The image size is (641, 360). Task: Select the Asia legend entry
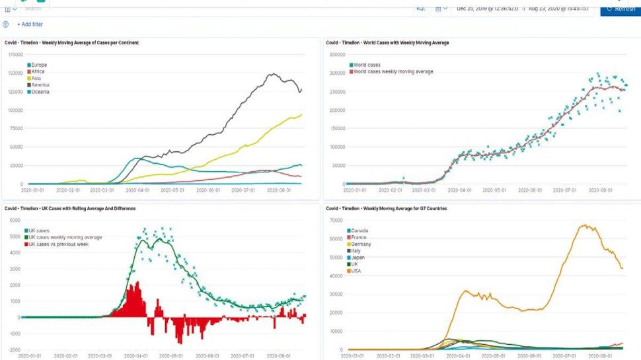[36, 79]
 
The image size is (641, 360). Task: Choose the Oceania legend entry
[40, 92]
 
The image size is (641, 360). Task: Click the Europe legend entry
[39, 65]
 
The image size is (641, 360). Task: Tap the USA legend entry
[357, 271]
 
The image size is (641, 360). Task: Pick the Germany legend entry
[362, 244]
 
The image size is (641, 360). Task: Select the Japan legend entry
[359, 258]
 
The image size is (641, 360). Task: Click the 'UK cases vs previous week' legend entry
[63, 244]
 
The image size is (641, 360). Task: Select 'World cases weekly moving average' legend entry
[393, 71]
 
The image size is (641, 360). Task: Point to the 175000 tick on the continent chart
[14, 54]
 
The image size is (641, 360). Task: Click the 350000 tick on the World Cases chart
[336, 55]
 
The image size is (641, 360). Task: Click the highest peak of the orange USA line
[584, 225]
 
